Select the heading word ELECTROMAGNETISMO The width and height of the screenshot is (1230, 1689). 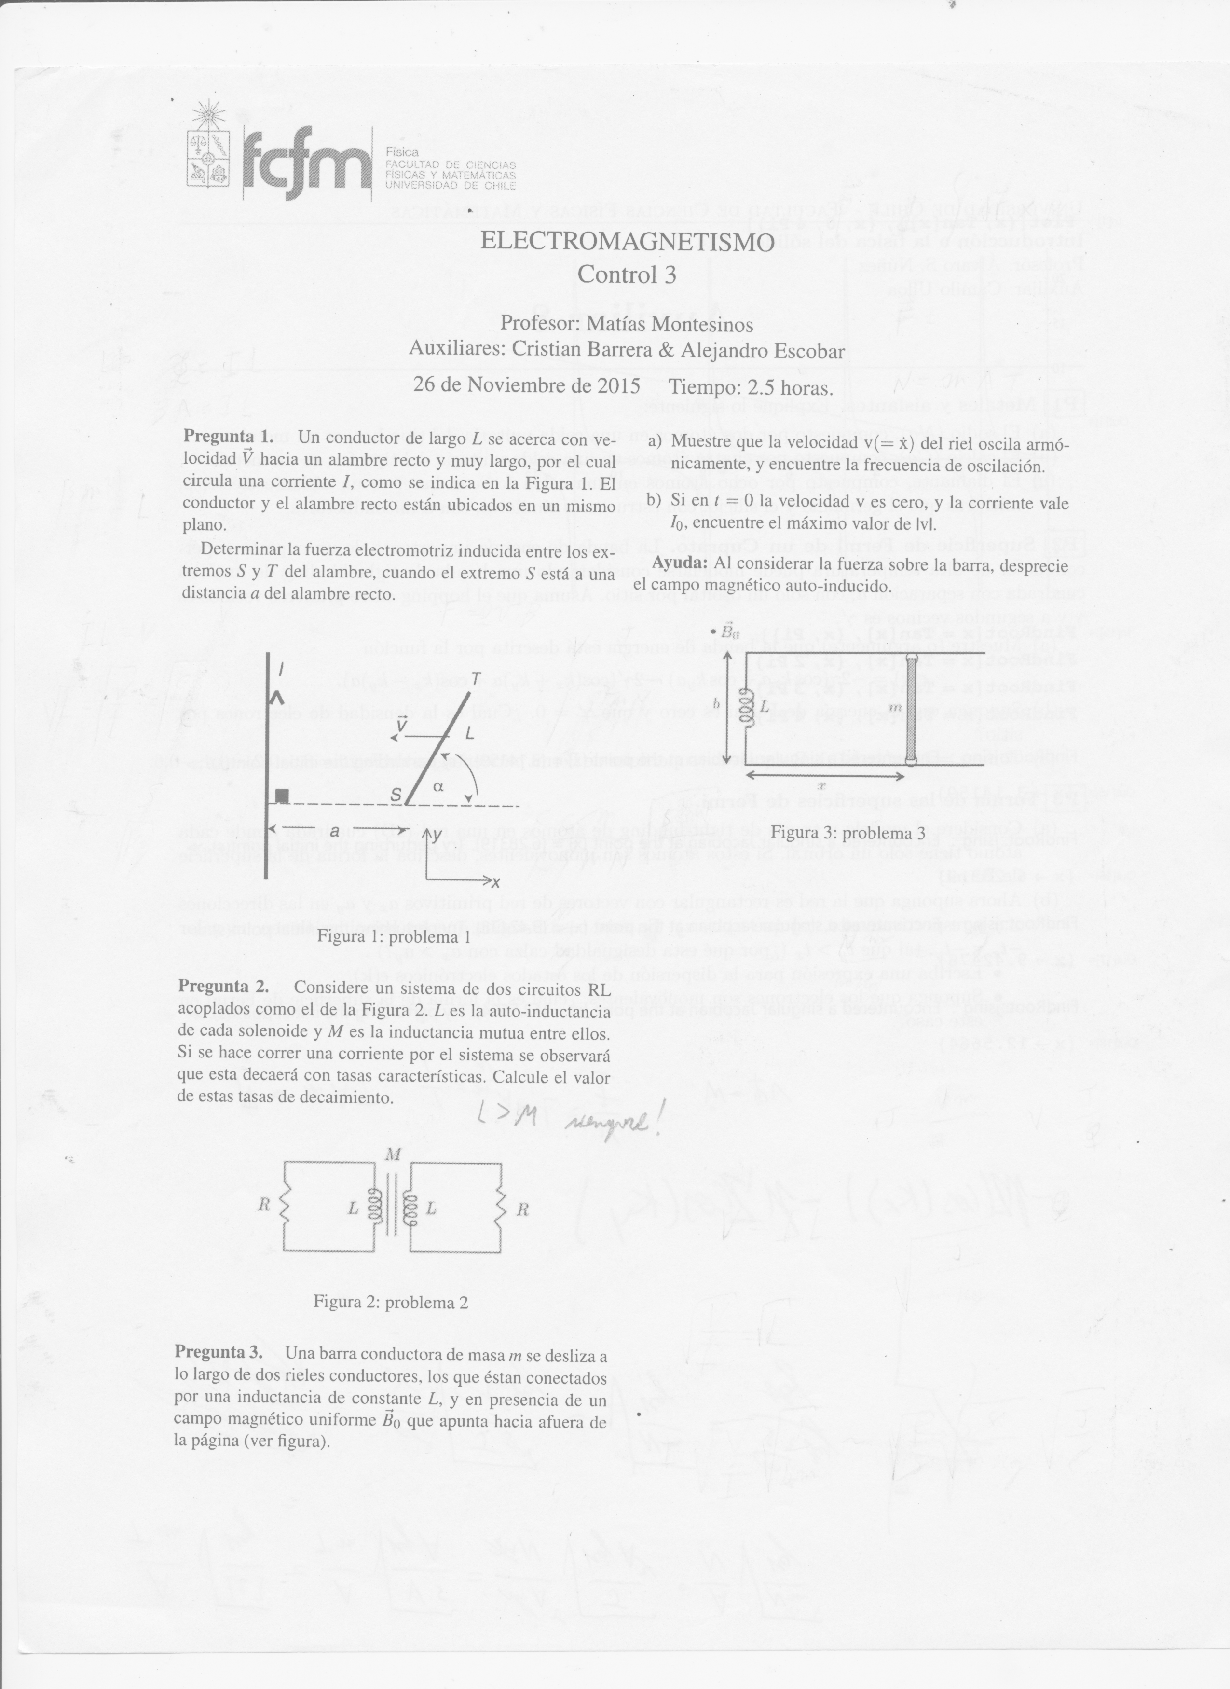tap(627, 242)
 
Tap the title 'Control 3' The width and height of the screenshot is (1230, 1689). tap(627, 275)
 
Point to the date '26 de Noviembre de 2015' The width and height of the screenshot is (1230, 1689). tap(527, 386)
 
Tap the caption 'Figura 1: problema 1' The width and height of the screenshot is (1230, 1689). tap(394, 937)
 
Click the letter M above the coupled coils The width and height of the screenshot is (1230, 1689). tap(394, 1155)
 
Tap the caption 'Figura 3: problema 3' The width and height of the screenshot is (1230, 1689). tap(847, 833)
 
